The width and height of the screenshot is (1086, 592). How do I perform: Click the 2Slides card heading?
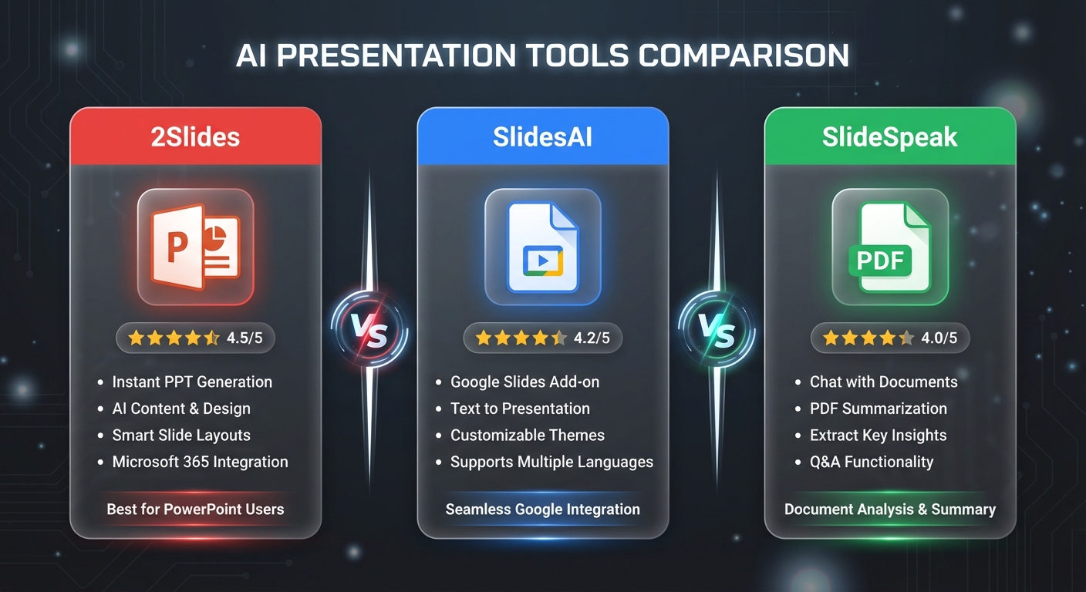(x=195, y=137)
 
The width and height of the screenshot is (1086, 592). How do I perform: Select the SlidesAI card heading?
(x=542, y=137)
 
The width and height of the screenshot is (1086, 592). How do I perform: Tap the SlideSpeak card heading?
(x=889, y=137)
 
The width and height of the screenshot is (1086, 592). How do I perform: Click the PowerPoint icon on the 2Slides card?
(x=195, y=247)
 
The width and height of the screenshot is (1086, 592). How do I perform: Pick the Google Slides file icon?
(x=542, y=247)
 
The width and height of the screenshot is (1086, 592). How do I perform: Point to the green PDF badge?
(x=880, y=260)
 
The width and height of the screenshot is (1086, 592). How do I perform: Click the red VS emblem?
(x=369, y=332)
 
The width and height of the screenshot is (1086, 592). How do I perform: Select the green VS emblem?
(x=716, y=332)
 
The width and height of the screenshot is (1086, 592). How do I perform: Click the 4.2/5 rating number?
(x=592, y=338)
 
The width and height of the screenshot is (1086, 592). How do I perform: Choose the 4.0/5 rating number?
(x=939, y=338)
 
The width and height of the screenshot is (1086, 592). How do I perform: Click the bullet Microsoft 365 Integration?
(x=200, y=462)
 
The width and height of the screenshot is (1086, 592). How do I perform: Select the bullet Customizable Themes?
(x=528, y=435)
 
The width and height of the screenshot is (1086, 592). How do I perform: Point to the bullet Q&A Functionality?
(x=871, y=462)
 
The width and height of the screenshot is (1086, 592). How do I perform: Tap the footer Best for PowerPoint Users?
(x=195, y=509)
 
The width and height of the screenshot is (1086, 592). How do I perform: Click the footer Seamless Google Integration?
(x=542, y=509)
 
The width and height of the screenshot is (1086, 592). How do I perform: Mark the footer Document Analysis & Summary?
(x=889, y=509)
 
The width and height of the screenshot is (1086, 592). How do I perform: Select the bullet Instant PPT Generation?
(x=192, y=382)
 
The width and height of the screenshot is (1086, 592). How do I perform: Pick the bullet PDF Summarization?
(x=878, y=409)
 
